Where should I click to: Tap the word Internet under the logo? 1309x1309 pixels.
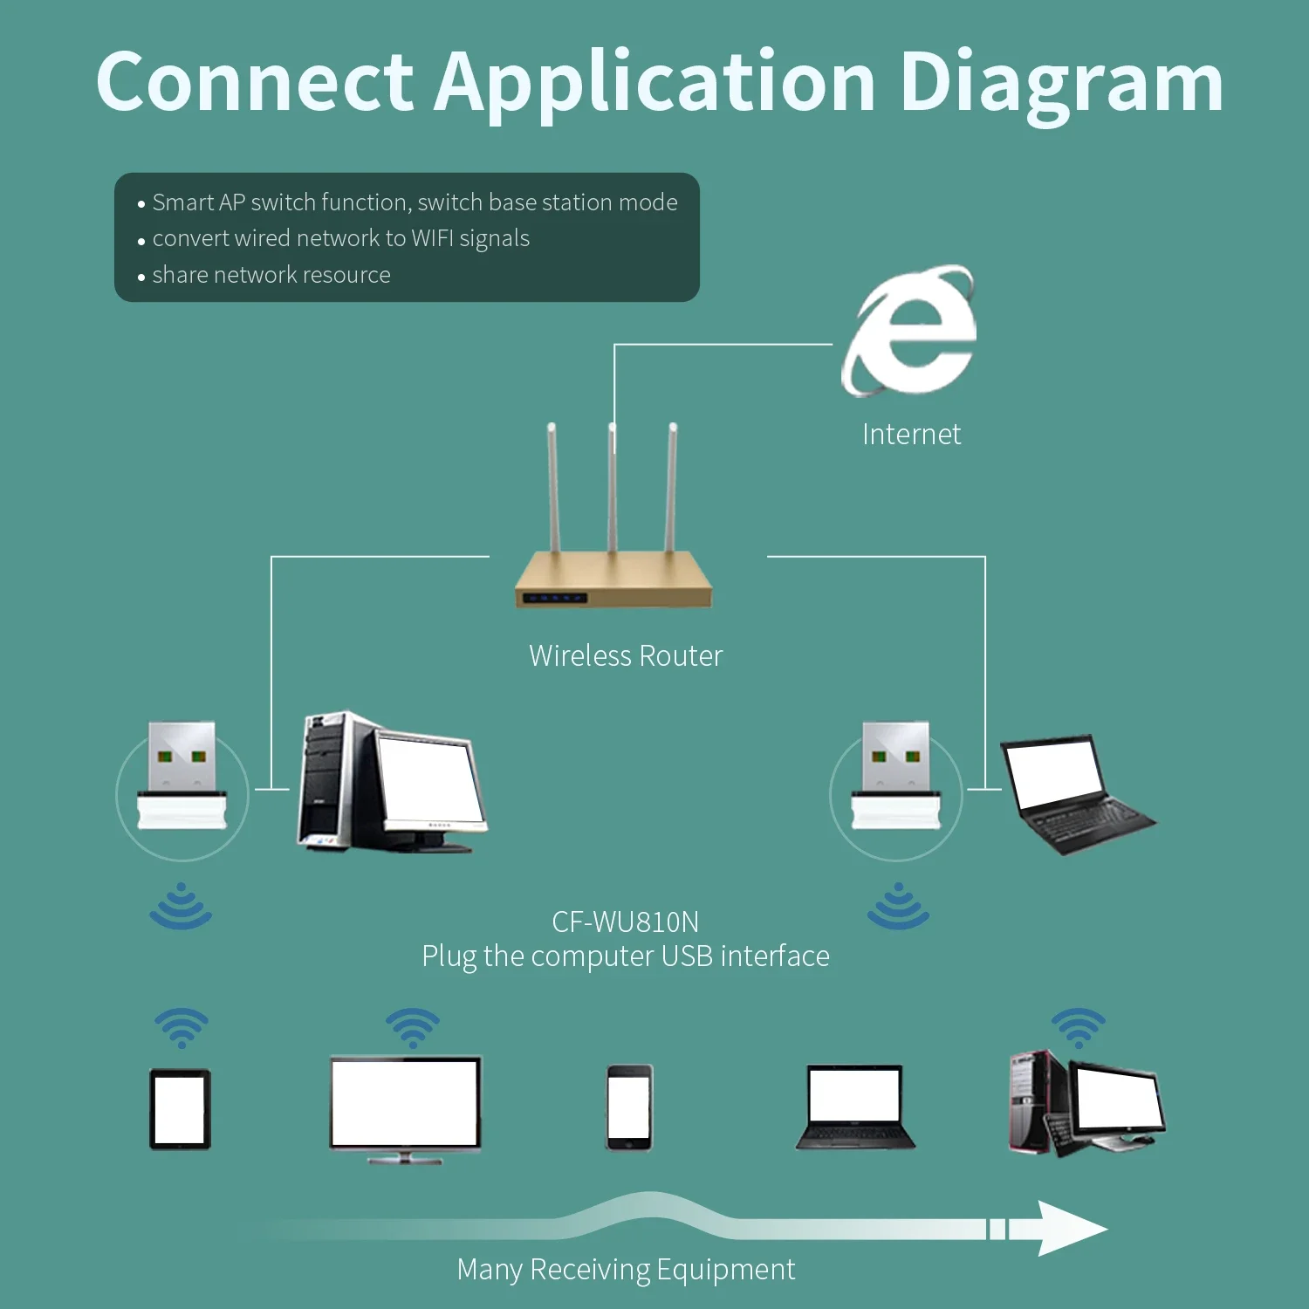(x=911, y=435)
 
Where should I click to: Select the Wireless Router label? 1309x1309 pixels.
(x=626, y=656)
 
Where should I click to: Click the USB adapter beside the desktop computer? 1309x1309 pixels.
(x=182, y=776)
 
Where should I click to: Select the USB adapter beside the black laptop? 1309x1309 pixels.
(x=896, y=776)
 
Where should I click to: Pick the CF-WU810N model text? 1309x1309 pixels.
(x=626, y=922)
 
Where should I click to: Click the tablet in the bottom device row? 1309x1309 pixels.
(x=180, y=1109)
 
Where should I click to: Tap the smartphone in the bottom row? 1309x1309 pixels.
(x=629, y=1107)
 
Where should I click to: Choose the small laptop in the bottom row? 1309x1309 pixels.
(x=855, y=1107)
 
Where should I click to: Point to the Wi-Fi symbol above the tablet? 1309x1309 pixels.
(x=181, y=1028)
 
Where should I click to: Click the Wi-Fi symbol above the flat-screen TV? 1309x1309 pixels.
(x=413, y=1028)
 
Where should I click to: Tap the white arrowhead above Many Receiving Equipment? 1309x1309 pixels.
(x=1069, y=1229)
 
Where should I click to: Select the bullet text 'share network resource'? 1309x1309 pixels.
(x=271, y=275)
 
